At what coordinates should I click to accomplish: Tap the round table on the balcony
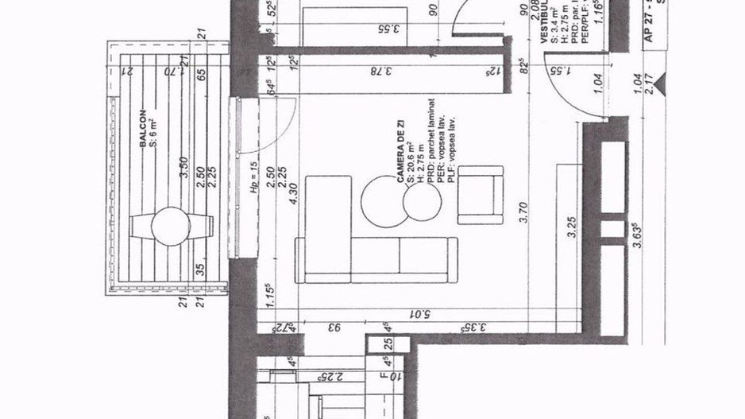coord(171,227)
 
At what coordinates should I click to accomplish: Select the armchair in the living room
coord(480,195)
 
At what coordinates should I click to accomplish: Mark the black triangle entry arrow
coord(660,80)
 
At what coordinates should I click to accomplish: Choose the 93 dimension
coord(336,327)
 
